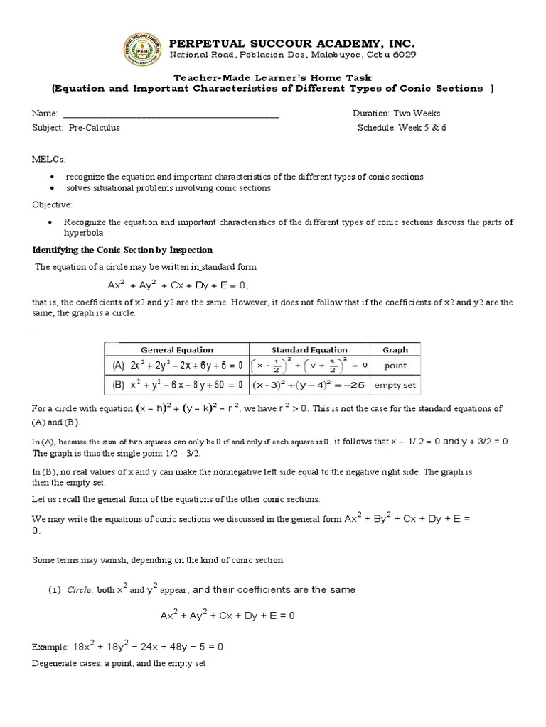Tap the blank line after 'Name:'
(171, 114)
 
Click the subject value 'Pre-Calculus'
(95, 128)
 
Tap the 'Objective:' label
(52, 204)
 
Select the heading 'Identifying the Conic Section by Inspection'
(123, 250)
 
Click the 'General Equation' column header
(176, 349)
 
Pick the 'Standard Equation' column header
(309, 349)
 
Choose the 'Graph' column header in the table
(395, 349)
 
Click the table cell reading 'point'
(395, 366)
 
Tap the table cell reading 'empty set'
(395, 386)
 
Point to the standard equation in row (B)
(309, 386)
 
